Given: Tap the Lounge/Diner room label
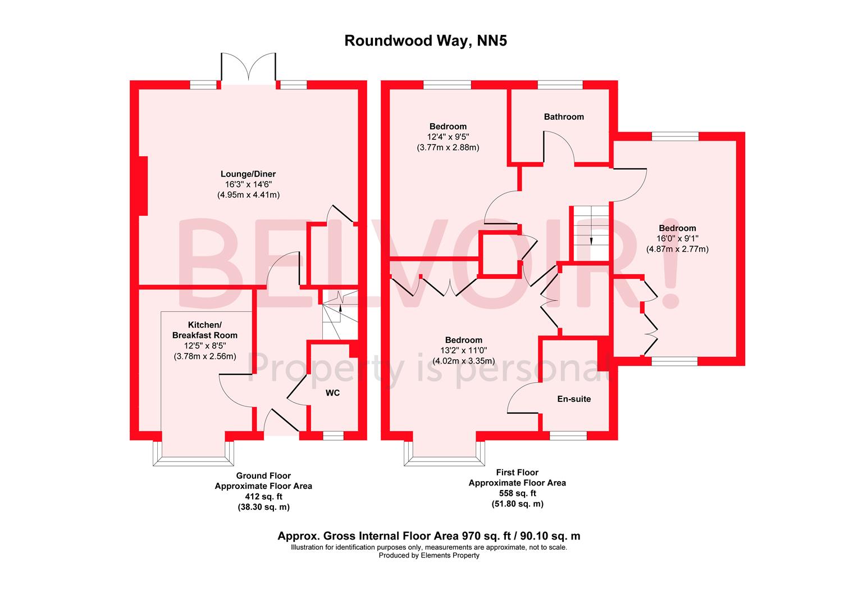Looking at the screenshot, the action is pos(248,174).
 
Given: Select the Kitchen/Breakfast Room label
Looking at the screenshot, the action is pos(205,330).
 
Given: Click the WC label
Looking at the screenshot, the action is pos(332,393).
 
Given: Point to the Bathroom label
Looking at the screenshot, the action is pos(564,117).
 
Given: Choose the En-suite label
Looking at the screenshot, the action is pos(574,399).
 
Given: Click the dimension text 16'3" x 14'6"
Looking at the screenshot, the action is pos(248,184).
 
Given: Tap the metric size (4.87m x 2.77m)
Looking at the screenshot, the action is pos(677,249).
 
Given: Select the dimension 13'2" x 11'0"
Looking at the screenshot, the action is pos(463,351).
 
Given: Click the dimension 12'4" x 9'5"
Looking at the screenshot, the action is pos(448,137).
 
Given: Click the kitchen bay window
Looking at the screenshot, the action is pos(193,454).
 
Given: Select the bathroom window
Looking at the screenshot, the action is pos(560,85).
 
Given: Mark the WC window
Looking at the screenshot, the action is pos(333,436).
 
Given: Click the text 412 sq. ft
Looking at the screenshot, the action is pos(263,497).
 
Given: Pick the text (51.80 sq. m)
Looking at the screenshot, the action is pos(518,504).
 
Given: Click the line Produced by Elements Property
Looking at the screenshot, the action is pos(429,556).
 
